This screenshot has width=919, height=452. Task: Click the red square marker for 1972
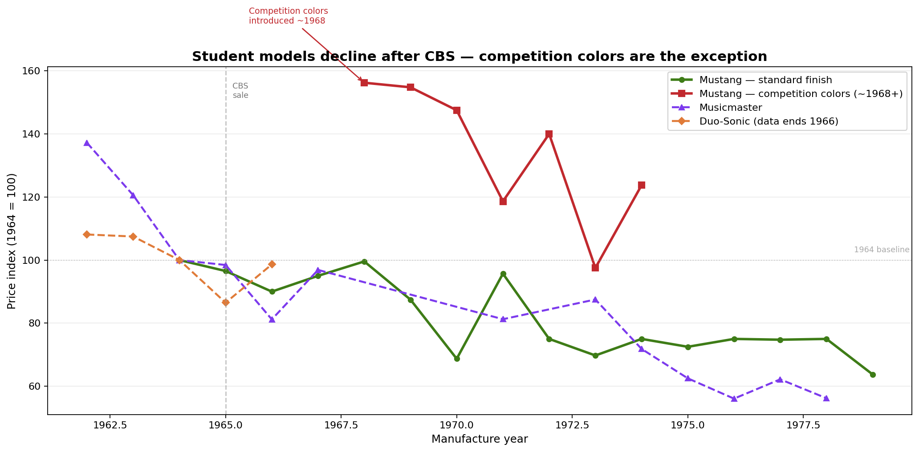[549, 134]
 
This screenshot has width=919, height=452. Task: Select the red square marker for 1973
[595, 267]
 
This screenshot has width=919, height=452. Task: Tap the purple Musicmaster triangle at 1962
[87, 143]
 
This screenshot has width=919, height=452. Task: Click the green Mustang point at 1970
[457, 359]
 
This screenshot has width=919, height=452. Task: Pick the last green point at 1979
[873, 375]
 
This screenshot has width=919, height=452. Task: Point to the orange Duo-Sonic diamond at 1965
[226, 303]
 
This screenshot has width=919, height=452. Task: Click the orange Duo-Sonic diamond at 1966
[272, 264]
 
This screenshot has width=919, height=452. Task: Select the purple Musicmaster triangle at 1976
[734, 399]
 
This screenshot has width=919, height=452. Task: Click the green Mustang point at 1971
[503, 274]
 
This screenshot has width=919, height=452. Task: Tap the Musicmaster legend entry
[731, 108]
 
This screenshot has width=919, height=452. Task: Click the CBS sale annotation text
[240, 91]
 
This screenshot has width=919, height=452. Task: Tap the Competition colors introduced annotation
[288, 16]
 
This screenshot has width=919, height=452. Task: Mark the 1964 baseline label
[881, 250]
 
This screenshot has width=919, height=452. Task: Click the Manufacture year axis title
[480, 440]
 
